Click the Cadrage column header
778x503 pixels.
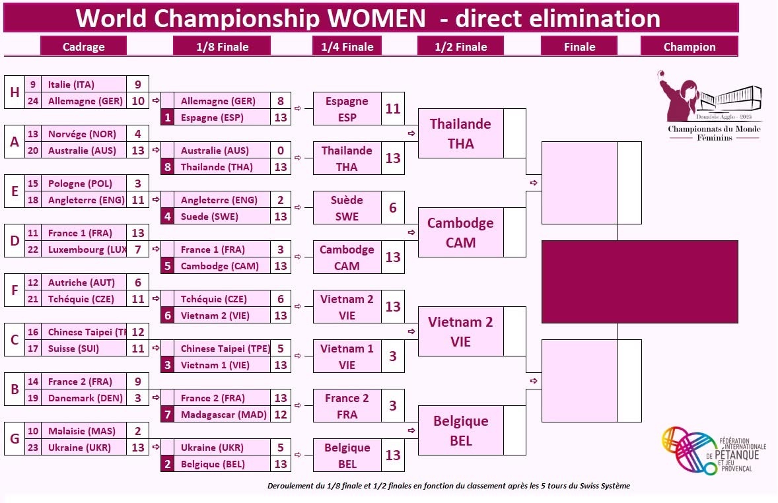pos(83,46)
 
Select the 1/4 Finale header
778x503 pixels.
pos(347,46)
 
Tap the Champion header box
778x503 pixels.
pos(689,46)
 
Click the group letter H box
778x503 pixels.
pos(14,92)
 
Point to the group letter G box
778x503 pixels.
pos(14,439)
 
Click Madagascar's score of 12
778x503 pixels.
pos(281,415)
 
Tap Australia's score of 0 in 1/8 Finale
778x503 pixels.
pos(281,151)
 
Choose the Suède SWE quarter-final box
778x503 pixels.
pos(347,208)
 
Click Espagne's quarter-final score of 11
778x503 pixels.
pos(393,109)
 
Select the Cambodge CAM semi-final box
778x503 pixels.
pos(460,232)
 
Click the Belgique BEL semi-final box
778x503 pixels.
pos(460,430)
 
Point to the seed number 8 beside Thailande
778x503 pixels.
pos(168,167)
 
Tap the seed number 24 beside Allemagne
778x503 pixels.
pos(34,101)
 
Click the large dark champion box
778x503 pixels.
pos(639,282)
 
